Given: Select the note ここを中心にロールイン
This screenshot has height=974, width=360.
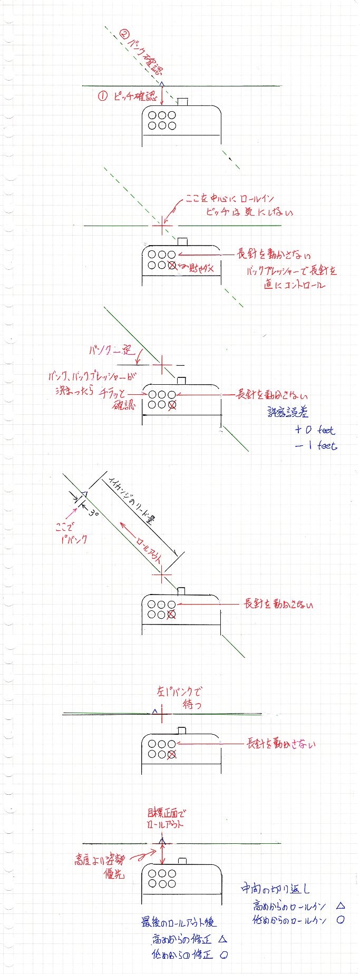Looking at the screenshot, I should [x=229, y=199].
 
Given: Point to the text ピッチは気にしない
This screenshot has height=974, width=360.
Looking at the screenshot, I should [x=249, y=212].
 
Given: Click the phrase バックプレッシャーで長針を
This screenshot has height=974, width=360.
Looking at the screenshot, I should [x=291, y=271].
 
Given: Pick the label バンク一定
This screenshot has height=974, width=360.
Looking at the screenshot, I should [x=112, y=350].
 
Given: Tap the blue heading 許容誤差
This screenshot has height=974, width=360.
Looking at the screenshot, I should [x=288, y=412].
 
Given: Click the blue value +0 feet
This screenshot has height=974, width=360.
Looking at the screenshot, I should [x=315, y=430].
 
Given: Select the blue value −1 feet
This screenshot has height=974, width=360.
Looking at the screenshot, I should [x=316, y=445].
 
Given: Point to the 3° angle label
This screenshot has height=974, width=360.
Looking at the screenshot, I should [x=94, y=512].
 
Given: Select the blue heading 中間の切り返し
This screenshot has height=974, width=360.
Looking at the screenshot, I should [x=275, y=888].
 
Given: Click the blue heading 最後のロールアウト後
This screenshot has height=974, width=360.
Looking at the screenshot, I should [x=178, y=922].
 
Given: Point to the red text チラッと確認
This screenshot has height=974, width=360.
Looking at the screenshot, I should [x=117, y=399].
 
